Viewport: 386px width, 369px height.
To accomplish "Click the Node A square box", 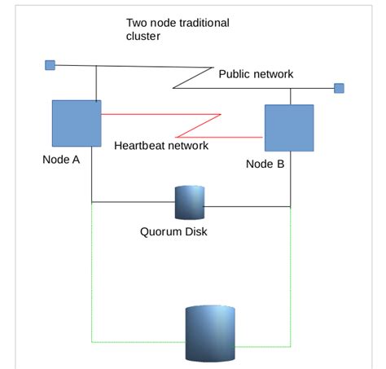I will point(77,123).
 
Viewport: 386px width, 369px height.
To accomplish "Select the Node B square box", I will point(289,128).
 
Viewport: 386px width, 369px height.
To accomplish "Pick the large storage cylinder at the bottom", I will point(210,332).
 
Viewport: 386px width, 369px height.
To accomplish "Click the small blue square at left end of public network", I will point(50,65).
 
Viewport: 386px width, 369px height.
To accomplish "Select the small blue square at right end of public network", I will point(339,88).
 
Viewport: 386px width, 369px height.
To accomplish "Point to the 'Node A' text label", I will point(61,160).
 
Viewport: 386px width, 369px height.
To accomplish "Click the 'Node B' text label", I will point(265,164).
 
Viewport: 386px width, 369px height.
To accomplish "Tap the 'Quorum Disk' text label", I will point(174,231).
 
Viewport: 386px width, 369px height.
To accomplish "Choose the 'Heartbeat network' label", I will point(161,146).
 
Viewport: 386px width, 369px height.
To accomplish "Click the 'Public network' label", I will point(256,74).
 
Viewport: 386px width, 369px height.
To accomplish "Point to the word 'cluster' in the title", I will point(144,37).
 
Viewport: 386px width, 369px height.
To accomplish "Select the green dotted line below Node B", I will point(291,277).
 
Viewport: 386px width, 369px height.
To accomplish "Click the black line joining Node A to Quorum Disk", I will point(130,201).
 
